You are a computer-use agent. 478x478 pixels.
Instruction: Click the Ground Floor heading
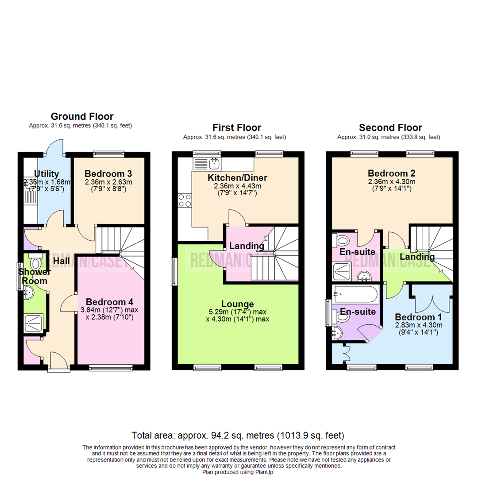[x=82, y=116]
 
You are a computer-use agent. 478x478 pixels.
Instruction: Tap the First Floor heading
[x=237, y=127]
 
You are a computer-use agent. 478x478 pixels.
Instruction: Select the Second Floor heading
[x=390, y=127]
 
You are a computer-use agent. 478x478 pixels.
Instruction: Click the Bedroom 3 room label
[x=108, y=174]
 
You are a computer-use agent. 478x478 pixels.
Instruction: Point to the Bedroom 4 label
[x=109, y=302]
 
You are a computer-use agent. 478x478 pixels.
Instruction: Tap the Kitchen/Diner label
[x=238, y=178]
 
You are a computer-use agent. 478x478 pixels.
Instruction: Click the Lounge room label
[x=238, y=304]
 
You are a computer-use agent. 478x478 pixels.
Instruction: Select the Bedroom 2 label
[x=391, y=173]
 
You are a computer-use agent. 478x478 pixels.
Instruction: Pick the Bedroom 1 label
[x=418, y=317]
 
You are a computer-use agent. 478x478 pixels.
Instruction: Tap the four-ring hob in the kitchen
[x=185, y=200]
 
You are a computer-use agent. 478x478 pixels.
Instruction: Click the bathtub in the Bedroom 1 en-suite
[x=355, y=294]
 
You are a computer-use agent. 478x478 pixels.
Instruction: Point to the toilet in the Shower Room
[x=36, y=262]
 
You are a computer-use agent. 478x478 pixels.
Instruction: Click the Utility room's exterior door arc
[x=55, y=147]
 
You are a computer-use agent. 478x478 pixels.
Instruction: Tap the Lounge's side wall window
[x=174, y=272]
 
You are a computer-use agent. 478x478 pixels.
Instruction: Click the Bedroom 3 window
[x=109, y=154]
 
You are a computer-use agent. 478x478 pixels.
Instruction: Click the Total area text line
[x=238, y=436]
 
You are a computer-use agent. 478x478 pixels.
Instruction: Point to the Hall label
[x=61, y=261]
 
